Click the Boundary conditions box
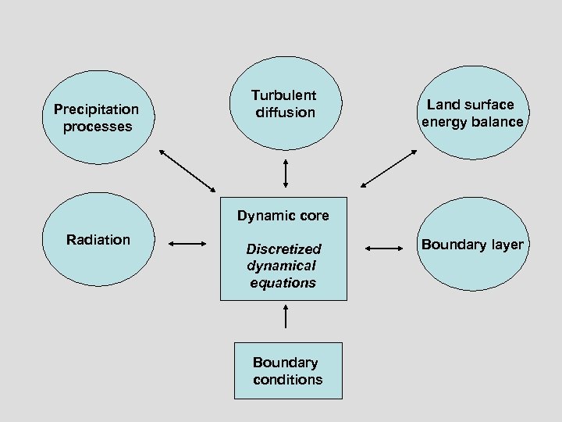(x=288, y=370)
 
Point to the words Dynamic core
(x=283, y=216)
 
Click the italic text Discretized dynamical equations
(x=283, y=266)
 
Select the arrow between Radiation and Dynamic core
(x=187, y=245)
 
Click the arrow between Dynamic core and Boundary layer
(x=383, y=248)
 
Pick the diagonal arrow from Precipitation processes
(x=187, y=170)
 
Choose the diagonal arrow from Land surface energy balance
(x=389, y=169)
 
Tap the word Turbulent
(x=283, y=95)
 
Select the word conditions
(x=287, y=380)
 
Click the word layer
(x=506, y=245)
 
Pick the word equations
(x=283, y=283)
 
